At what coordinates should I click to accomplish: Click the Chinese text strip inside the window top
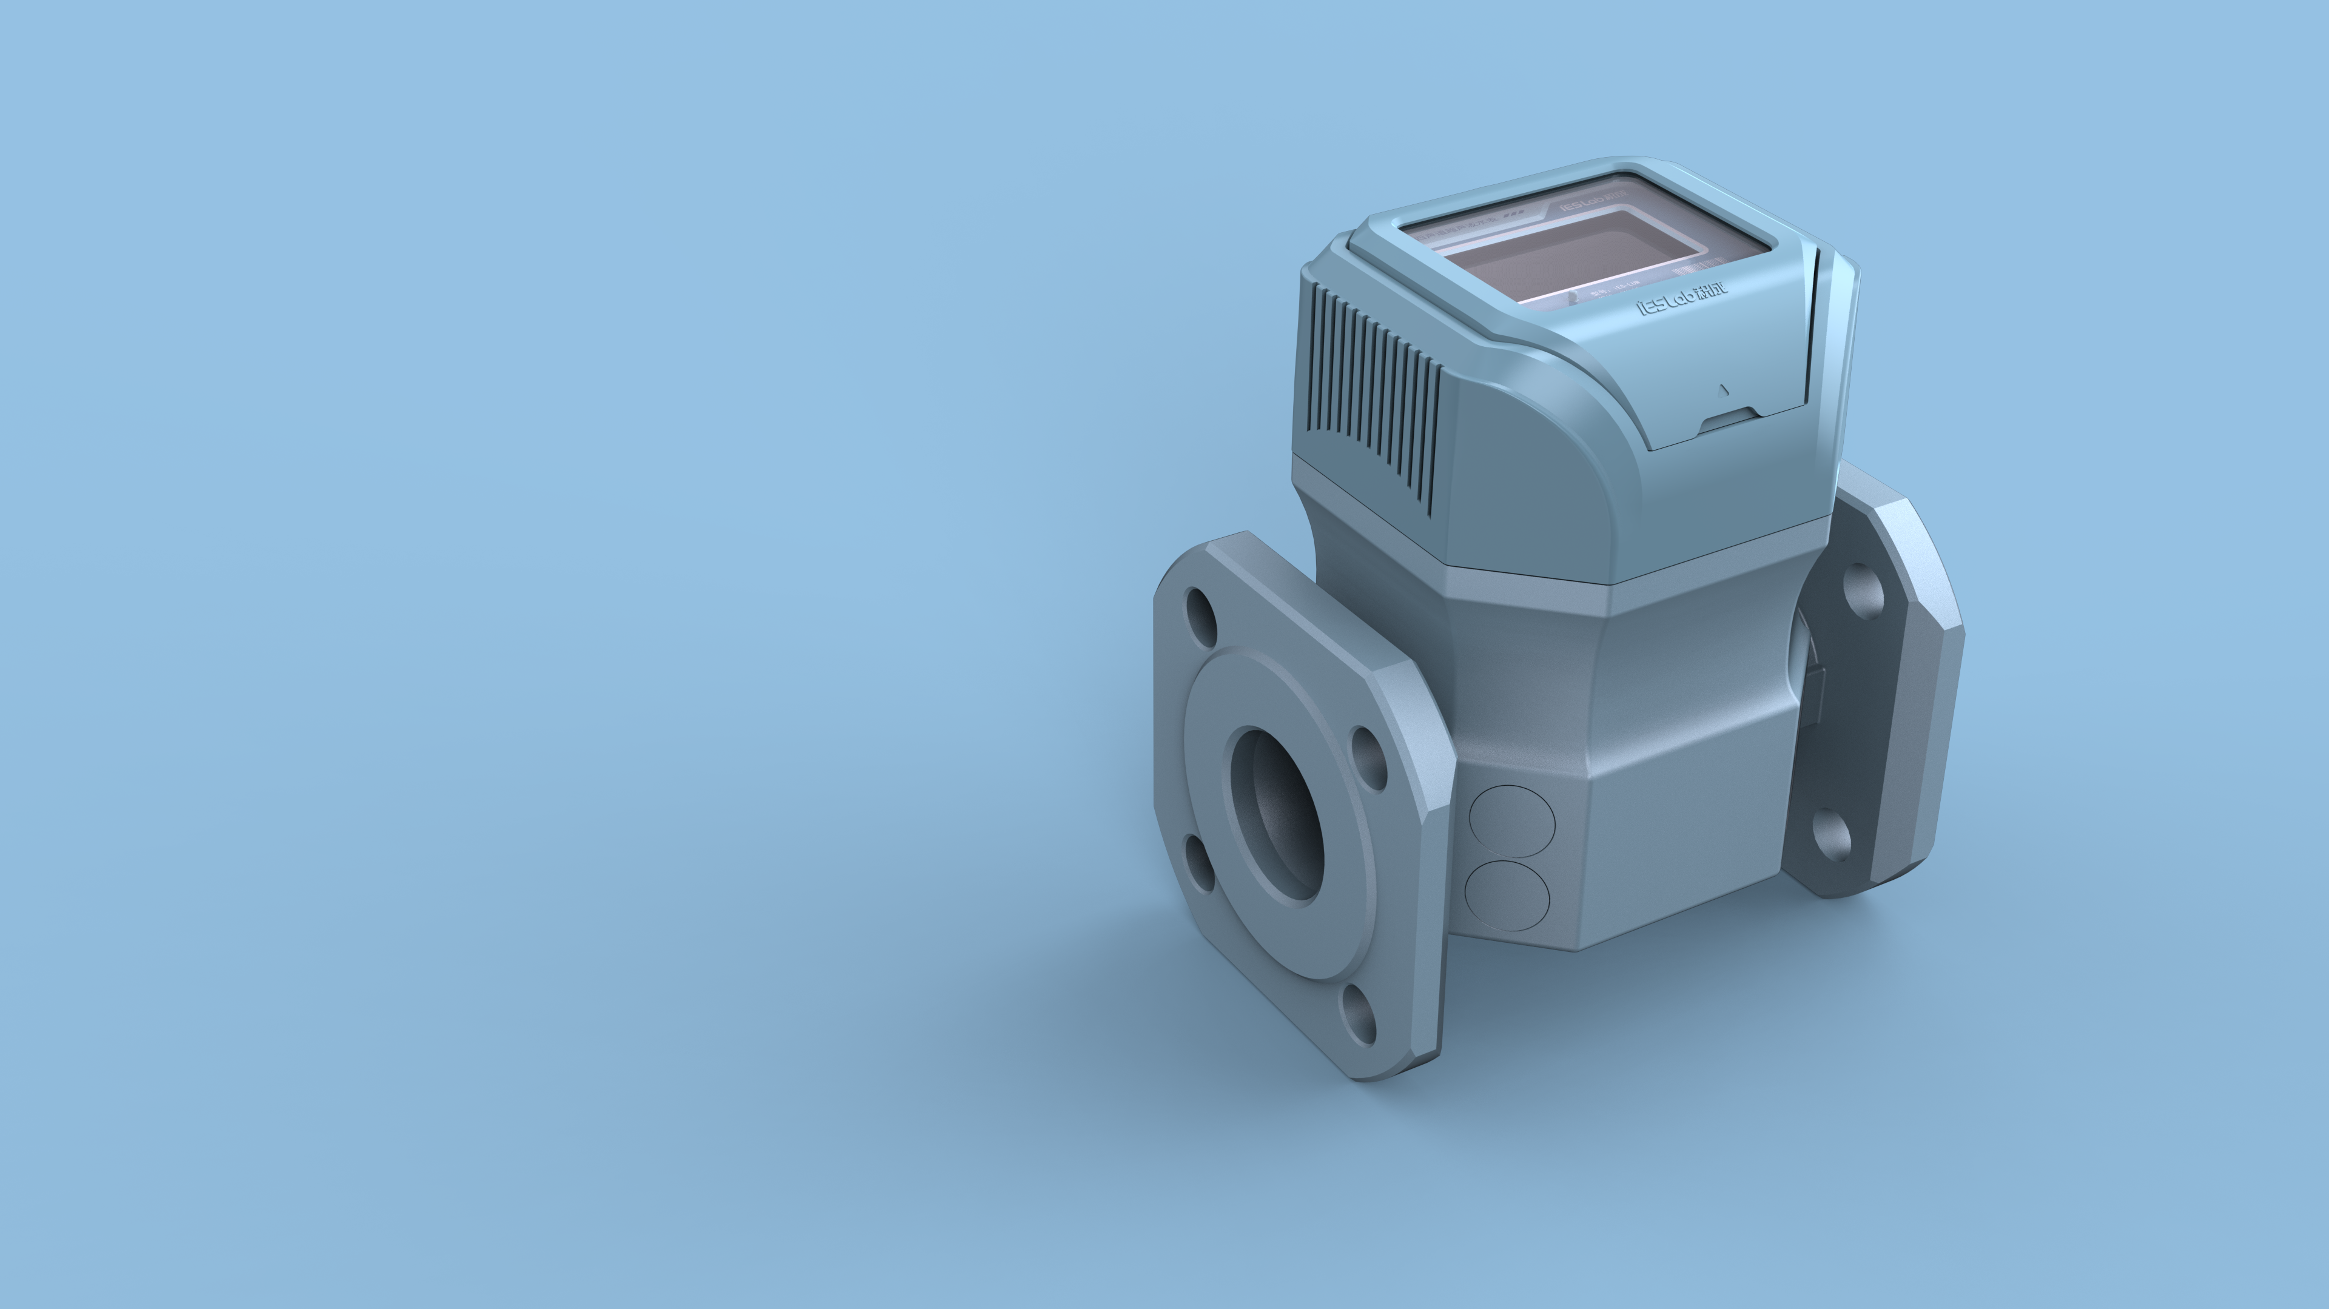(1456, 229)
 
